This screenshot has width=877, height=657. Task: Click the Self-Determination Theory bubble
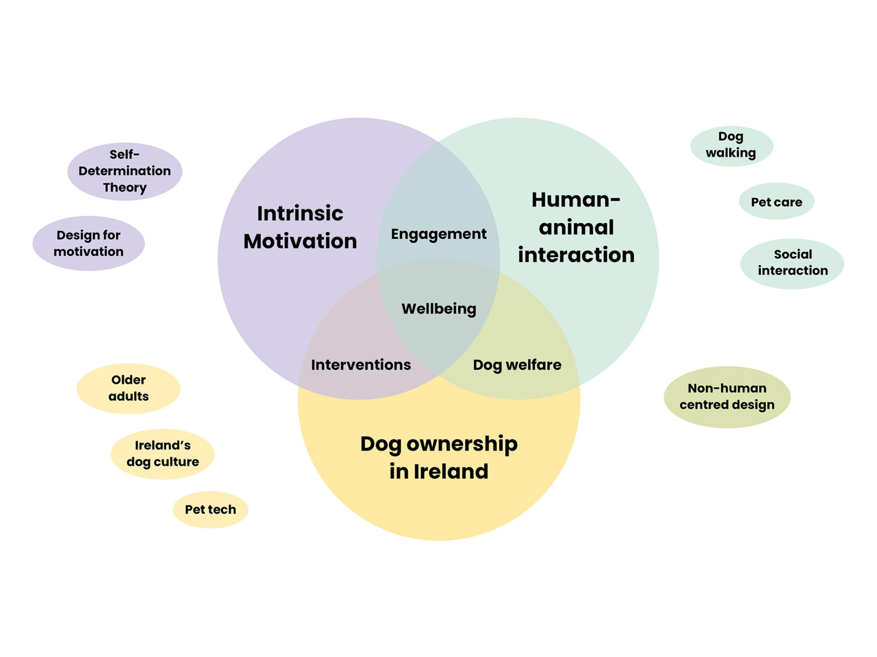point(125,171)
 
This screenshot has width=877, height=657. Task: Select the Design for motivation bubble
point(89,243)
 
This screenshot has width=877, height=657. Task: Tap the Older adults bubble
point(128,388)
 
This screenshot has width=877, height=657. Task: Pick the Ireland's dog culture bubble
point(162,454)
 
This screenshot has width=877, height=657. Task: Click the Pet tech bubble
point(210,509)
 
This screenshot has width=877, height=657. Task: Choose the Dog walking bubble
point(731,145)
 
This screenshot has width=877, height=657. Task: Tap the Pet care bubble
point(776,202)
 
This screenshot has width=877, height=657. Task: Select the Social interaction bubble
point(792,263)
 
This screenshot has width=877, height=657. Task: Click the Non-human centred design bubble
point(727,396)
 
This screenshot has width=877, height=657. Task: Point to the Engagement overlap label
point(438,234)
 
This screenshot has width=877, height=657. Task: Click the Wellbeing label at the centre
point(438,309)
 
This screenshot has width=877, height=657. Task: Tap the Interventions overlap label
point(361,365)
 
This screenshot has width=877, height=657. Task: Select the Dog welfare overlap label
point(517,365)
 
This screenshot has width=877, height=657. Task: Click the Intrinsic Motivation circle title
point(300,227)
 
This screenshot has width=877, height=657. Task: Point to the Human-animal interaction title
point(576,227)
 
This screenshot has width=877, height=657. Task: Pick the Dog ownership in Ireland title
point(438,458)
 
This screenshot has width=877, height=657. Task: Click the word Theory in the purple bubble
point(125,187)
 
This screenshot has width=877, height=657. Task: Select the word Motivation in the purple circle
point(300,241)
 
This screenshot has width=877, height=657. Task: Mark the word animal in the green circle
point(576,227)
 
